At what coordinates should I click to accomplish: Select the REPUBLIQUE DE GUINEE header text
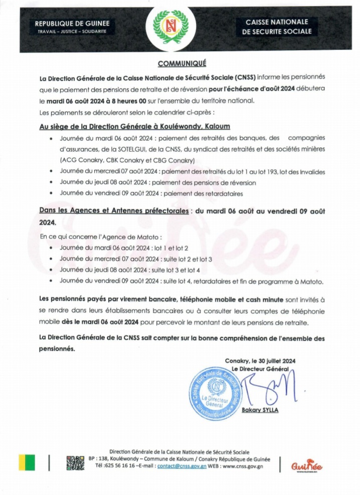[x=72, y=24]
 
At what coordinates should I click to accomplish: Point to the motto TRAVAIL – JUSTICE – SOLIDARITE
[x=72, y=32]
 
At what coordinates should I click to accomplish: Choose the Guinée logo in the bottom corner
[x=306, y=465]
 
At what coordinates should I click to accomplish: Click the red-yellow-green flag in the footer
[x=28, y=462]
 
